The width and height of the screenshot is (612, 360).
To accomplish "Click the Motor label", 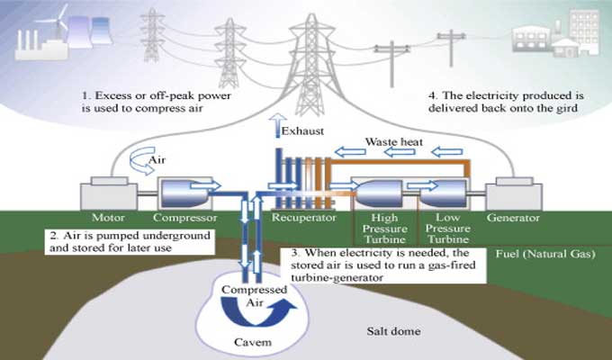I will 107,218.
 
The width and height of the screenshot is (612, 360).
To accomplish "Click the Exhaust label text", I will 303,132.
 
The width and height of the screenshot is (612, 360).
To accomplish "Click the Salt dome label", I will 391,331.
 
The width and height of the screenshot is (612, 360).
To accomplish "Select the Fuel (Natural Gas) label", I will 545,255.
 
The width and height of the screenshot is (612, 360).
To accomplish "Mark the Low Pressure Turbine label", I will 447,229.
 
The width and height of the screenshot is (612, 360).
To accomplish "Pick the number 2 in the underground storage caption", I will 53,236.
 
